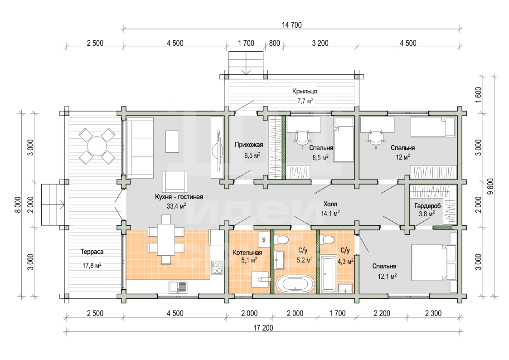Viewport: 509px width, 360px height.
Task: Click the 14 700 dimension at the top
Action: pos(292,25)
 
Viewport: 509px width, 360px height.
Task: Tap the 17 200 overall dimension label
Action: pos(263,328)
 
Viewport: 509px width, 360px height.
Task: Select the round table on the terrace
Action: pos(97,146)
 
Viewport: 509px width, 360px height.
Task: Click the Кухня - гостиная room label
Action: pos(179,197)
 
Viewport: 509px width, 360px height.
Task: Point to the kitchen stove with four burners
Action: pos(217,268)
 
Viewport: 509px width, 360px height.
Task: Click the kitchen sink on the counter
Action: pos(178,287)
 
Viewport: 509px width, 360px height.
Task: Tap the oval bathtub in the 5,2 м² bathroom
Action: pos(295,284)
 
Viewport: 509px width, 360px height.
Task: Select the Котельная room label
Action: pos(247,253)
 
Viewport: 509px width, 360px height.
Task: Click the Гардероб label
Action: pos(427,206)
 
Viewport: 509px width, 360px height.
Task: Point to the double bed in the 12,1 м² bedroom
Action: pos(434,262)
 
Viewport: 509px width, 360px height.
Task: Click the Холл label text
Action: pos(330,204)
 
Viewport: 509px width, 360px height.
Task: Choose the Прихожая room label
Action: pos(249,145)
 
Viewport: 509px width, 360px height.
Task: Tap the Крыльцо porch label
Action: pos(305,91)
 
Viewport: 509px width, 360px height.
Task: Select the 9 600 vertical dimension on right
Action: pos(490,187)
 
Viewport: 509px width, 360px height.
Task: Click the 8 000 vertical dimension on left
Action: pos(18,205)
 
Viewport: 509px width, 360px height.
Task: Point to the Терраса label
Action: pos(92,252)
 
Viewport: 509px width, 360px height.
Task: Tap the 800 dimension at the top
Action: pos(275,43)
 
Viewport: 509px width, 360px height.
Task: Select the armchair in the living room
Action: pos(175,181)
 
